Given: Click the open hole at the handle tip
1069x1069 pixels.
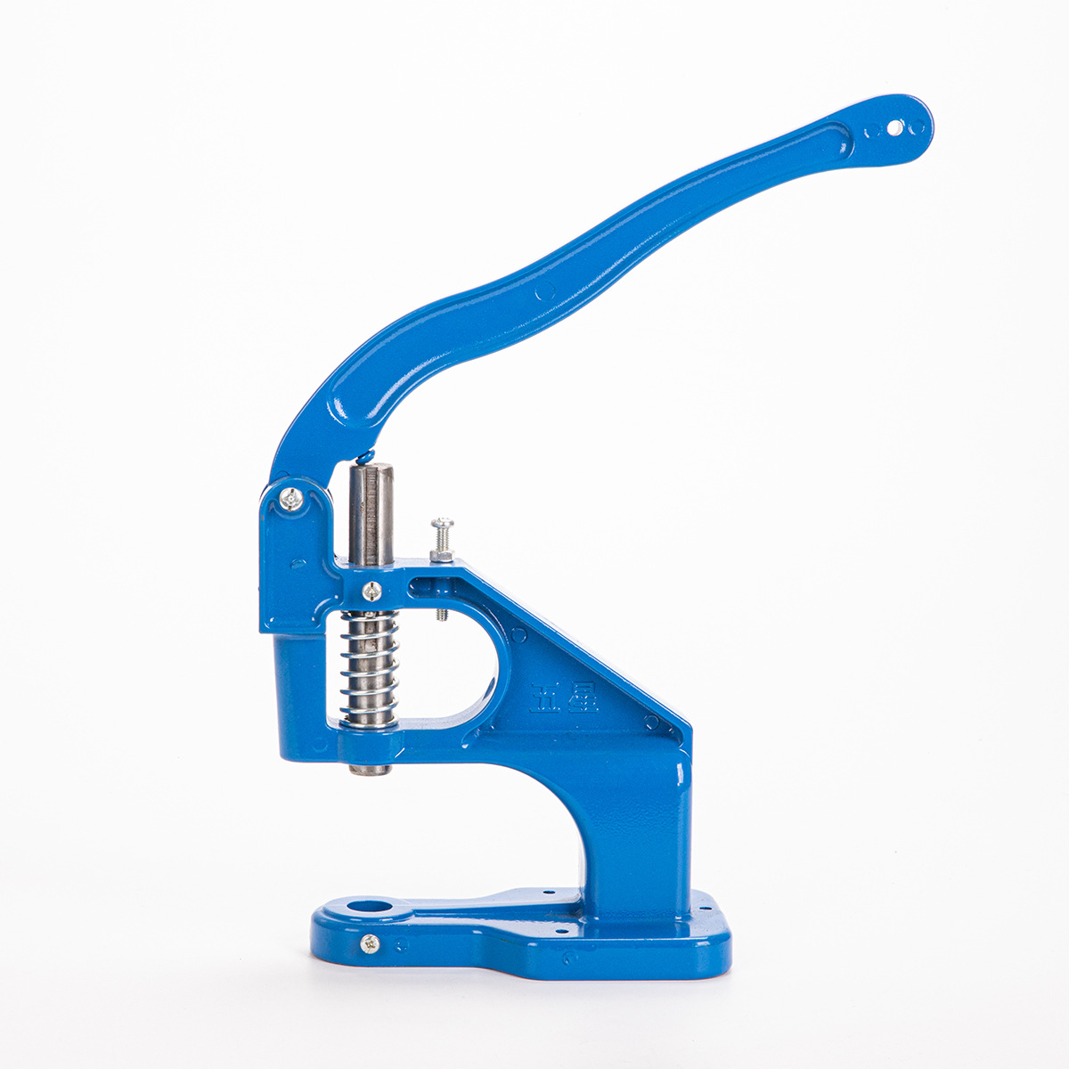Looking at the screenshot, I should pos(894,129).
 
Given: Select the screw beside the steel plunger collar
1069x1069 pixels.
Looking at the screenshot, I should pos(372,589).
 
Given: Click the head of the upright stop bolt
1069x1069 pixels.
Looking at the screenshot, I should pos(442,524).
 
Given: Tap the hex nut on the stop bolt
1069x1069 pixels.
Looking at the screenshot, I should pos(442,556).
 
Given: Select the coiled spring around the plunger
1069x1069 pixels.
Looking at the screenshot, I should pos(369,668).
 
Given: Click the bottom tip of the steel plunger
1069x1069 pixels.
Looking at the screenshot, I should pos(369,768).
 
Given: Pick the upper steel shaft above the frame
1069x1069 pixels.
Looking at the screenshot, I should pos(371,513).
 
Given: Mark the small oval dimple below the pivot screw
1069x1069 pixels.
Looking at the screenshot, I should pos(298,563).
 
